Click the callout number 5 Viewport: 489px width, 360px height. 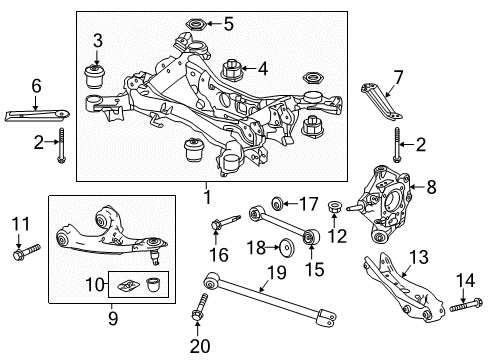pyautogui.click(x=229, y=24)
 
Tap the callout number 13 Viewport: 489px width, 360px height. pyautogui.click(x=419, y=257)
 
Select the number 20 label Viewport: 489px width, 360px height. pyautogui.click(x=200, y=346)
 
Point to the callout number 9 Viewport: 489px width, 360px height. pyautogui.click(x=113, y=318)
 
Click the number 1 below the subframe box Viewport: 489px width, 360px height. pyautogui.click(x=207, y=197)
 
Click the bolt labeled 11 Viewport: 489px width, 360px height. pyautogui.click(x=27, y=252)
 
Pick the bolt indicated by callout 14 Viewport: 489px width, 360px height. pyautogui.click(x=466, y=304)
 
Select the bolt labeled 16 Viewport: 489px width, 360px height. pyautogui.click(x=225, y=222)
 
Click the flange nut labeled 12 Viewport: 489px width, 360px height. pyautogui.click(x=335, y=208)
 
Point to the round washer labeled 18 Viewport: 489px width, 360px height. pyautogui.click(x=287, y=248)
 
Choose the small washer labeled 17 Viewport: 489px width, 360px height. pyautogui.click(x=277, y=204)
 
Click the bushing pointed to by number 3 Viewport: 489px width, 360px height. pyautogui.click(x=94, y=77)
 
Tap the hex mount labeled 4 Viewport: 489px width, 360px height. pyautogui.click(x=231, y=70)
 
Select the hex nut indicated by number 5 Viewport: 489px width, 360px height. pyautogui.click(x=196, y=25)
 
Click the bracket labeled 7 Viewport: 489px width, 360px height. pyautogui.click(x=381, y=102)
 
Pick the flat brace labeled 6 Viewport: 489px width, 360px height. pyautogui.click(x=37, y=115)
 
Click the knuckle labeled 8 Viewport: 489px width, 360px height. pyautogui.click(x=387, y=205)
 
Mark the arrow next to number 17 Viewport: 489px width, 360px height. pyautogui.click(x=291, y=203)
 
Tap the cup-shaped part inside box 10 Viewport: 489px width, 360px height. pyautogui.click(x=153, y=284)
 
